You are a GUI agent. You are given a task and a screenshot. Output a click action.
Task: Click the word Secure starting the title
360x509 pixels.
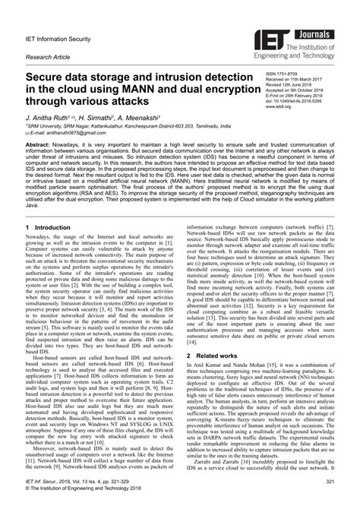49,77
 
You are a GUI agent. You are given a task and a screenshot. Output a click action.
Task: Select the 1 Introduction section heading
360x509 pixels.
51,227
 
